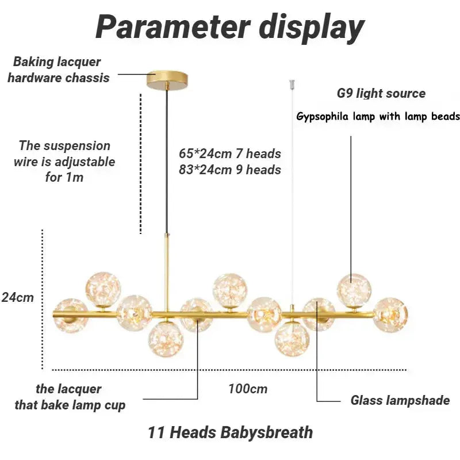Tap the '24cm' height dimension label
[x=17, y=298]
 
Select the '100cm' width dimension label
[x=248, y=389]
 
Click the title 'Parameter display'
[x=229, y=27]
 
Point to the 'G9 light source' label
[x=381, y=94]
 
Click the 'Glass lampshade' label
[x=400, y=401]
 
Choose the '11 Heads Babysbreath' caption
[x=230, y=432]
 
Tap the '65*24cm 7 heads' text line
[x=229, y=154]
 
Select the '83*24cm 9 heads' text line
[x=229, y=170]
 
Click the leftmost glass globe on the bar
[x=71, y=315]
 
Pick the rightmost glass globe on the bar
[x=390, y=315]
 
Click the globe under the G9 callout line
[x=353, y=290]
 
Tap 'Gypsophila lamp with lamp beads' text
[x=378, y=117]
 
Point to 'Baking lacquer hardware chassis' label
[x=58, y=70]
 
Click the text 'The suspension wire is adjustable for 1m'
[x=64, y=162]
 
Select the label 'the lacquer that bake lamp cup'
[x=70, y=397]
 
